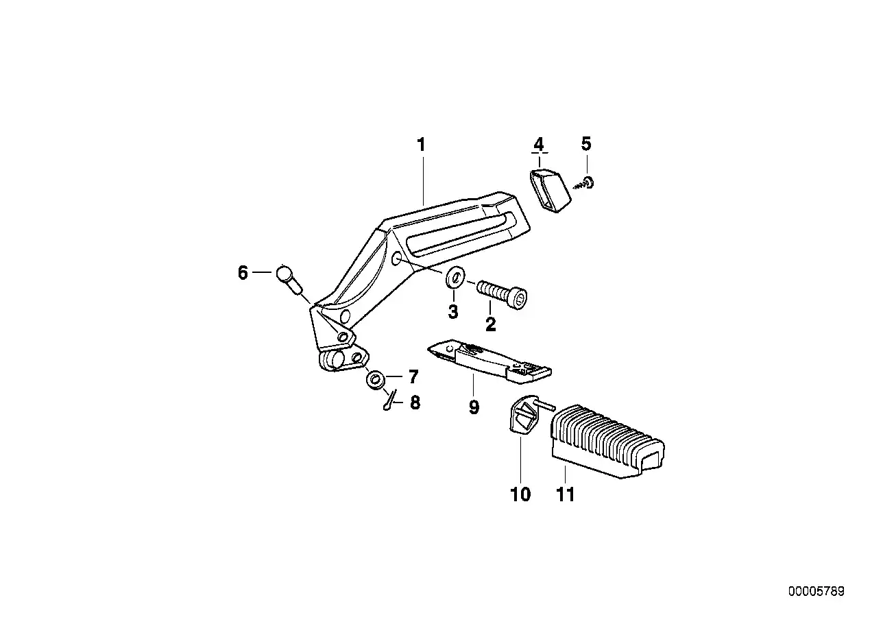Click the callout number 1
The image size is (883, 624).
(x=422, y=145)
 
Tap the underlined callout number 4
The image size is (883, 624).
(x=539, y=145)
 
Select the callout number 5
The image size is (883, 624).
(x=586, y=144)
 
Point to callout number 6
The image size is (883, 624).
(x=243, y=273)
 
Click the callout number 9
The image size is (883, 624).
(x=474, y=407)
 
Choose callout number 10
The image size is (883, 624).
(x=520, y=494)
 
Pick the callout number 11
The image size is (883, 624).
(x=566, y=494)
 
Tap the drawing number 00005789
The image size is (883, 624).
(x=816, y=591)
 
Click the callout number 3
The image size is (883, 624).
(x=453, y=312)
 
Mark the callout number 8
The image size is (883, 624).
(x=415, y=403)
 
